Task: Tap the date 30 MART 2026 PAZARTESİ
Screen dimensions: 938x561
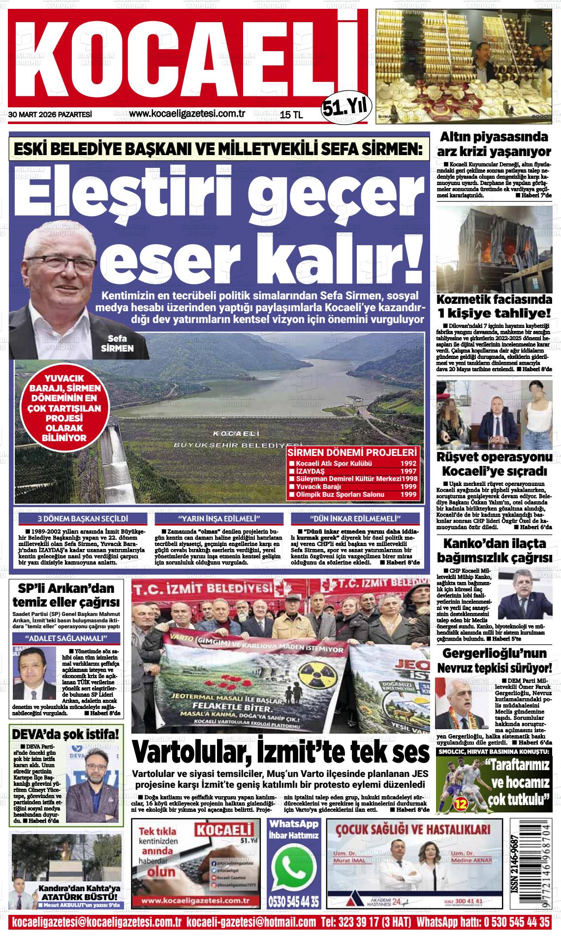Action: (50, 115)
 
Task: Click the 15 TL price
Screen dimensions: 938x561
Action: (291, 115)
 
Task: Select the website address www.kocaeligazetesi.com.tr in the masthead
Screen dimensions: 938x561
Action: (187, 114)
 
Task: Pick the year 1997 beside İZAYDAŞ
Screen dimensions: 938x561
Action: (408, 471)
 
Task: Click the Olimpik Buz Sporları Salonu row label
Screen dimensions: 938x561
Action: (340, 495)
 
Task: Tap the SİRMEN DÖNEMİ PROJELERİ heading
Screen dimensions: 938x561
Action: (352, 453)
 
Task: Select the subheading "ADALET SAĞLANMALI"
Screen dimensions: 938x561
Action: (66, 639)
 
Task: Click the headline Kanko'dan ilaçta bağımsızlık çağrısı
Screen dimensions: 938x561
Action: (494, 551)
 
